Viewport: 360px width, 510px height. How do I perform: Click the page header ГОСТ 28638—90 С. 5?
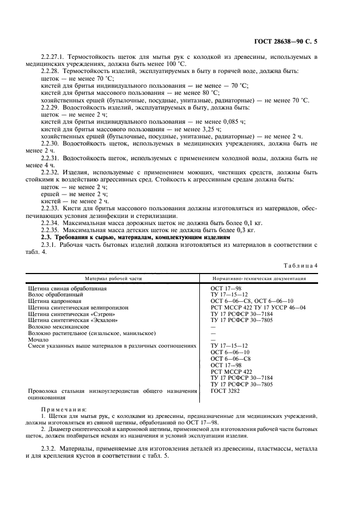click(294, 41)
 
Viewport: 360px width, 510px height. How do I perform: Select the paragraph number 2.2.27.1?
click(55, 57)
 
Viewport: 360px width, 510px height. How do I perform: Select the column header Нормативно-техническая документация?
click(258, 278)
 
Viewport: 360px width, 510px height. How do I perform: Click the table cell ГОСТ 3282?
click(225, 391)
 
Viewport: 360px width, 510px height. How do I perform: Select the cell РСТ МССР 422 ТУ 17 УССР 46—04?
click(258, 307)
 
